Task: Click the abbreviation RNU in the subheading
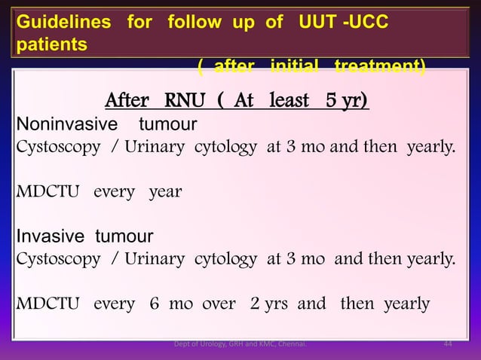(178, 100)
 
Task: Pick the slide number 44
(448, 345)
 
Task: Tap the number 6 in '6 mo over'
(154, 304)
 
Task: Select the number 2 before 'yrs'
(255, 304)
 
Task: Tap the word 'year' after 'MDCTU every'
(165, 191)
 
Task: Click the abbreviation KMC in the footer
(265, 345)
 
